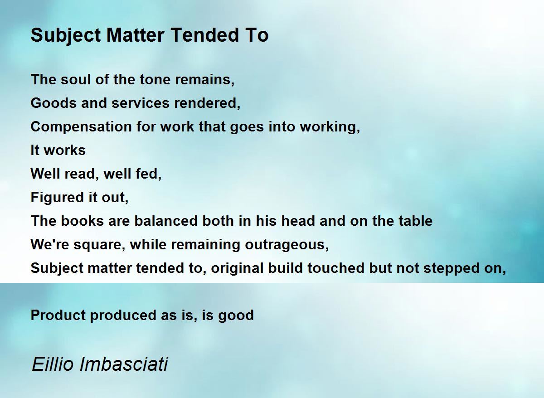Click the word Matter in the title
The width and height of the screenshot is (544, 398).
(136, 35)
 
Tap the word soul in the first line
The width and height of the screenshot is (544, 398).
(76, 79)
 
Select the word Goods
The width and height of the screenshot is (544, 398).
(53, 103)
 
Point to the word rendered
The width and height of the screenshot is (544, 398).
(207, 103)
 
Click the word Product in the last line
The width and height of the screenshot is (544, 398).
(58, 315)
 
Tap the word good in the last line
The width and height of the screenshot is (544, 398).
(236, 315)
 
